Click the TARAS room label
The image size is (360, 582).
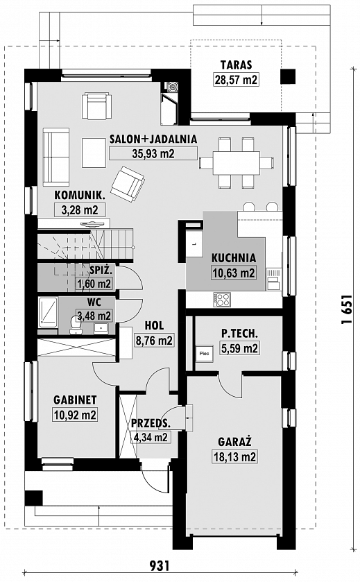236,65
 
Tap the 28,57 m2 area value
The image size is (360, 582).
236,80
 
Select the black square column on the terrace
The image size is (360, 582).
288,76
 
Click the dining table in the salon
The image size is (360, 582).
236,162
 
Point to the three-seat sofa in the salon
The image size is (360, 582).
56,157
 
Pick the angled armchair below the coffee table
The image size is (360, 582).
128,184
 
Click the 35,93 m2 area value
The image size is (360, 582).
153,153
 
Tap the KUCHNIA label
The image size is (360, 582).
234,258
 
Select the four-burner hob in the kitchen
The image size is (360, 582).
222,300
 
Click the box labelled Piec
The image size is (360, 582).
205,354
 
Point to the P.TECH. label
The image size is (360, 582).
239,334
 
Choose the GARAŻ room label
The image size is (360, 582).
234,442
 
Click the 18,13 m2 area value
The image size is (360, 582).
234,456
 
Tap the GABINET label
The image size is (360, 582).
75,400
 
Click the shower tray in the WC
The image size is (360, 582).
48,312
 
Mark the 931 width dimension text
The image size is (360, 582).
160,565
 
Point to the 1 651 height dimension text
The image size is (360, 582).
346,309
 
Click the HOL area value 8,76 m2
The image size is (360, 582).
154,341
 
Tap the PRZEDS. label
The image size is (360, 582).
151,423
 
